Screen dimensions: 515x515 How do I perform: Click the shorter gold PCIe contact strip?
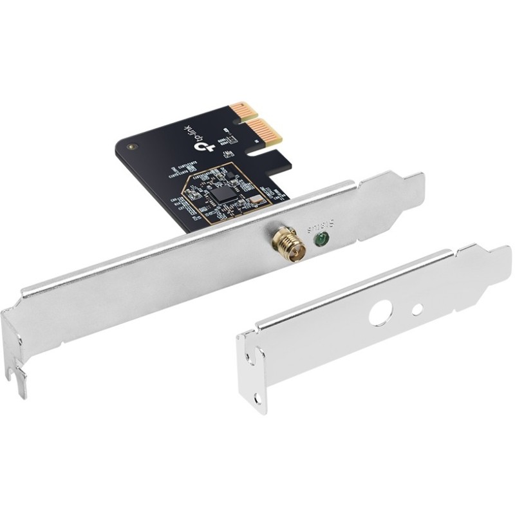(x=245, y=109)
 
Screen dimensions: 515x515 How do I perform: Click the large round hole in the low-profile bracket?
(x=380, y=315)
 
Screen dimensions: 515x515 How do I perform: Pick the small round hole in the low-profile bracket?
(x=417, y=309)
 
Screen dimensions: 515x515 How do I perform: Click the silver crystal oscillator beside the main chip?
(x=256, y=200)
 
